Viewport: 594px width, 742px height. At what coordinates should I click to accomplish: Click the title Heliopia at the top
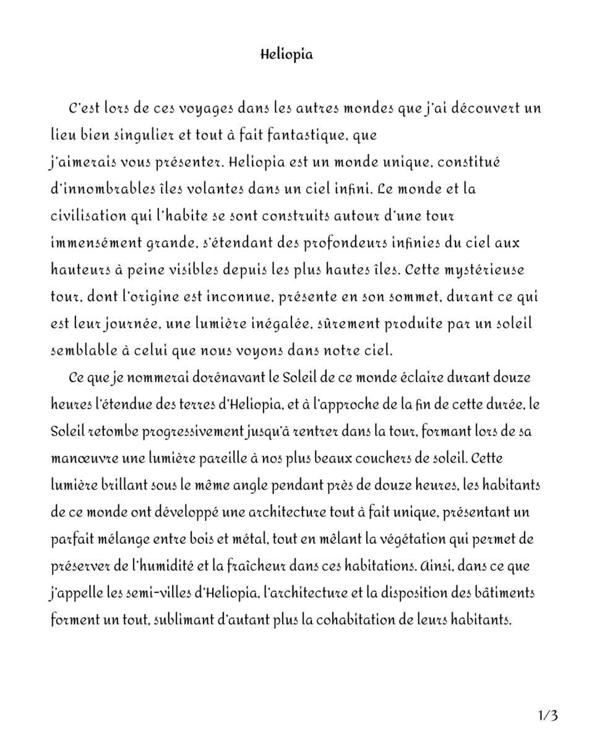(286, 54)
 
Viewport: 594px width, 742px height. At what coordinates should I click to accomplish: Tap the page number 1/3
(548, 716)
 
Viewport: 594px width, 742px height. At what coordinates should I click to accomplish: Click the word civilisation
(88, 216)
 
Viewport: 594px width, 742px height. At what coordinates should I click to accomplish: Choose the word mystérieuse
(492, 270)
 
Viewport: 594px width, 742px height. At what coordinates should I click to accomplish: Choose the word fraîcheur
(301, 566)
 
